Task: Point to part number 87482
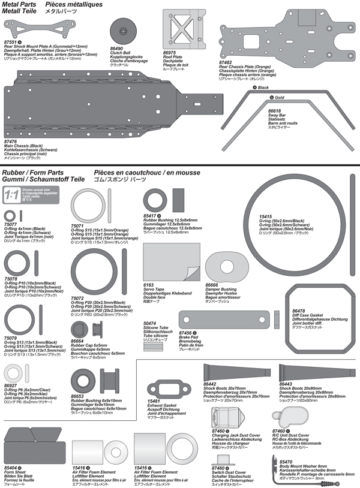[226, 62]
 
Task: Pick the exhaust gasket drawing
[163, 388]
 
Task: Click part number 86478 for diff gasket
[298, 311]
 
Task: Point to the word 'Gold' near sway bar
[280, 97]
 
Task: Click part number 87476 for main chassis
[10, 141]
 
